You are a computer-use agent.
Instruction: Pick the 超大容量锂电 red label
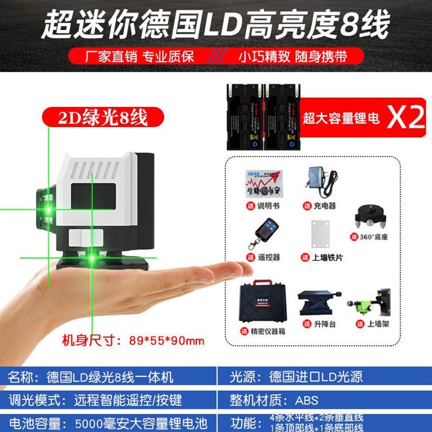click(341, 118)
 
